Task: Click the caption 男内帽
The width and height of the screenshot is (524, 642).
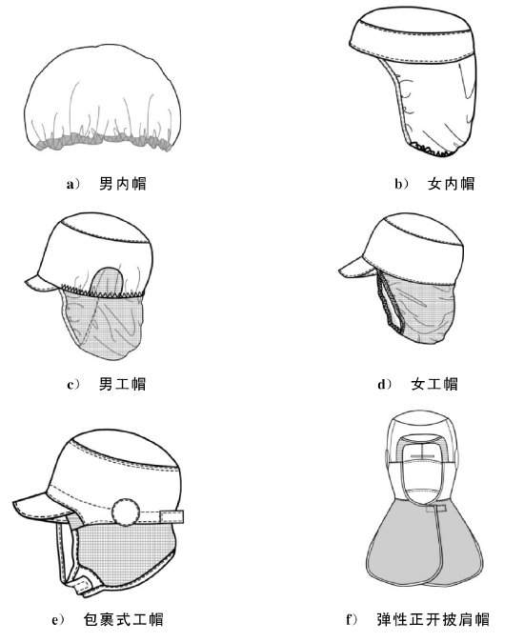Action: coord(123,184)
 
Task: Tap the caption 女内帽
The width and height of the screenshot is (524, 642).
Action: coord(452,184)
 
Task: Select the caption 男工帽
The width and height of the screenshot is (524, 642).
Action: coord(122,384)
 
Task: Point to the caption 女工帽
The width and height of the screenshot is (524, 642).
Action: coord(434,384)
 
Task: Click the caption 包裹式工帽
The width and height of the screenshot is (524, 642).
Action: coord(123,619)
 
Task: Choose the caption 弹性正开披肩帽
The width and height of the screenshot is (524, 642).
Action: coord(433,619)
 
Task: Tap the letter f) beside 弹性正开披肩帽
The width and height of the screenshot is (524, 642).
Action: coord(352,619)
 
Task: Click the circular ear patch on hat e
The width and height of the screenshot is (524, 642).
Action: coord(126,512)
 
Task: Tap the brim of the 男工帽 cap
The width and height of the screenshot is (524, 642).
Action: coord(41,283)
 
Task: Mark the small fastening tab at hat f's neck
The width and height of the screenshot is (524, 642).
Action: coord(436,509)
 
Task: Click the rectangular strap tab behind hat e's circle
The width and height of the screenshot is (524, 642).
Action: coord(171,516)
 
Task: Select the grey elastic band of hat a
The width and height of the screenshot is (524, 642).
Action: coord(103,143)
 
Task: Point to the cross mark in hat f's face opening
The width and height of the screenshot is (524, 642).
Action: coord(422,455)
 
